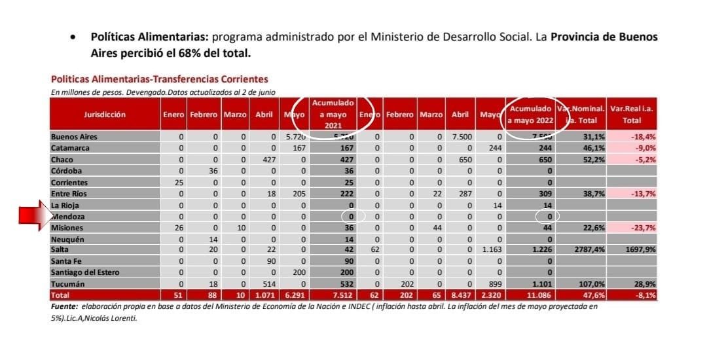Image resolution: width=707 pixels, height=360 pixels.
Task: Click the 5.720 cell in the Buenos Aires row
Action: [x=292, y=137]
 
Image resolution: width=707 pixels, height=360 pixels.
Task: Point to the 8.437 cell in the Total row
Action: [x=461, y=295]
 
